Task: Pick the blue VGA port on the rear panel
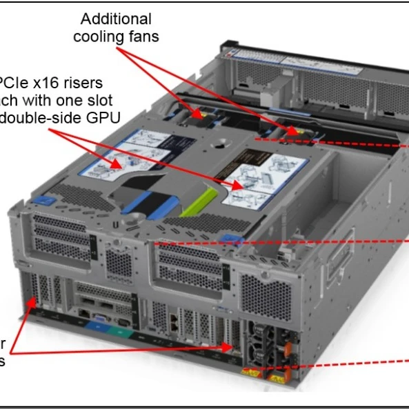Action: pos(100,321)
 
